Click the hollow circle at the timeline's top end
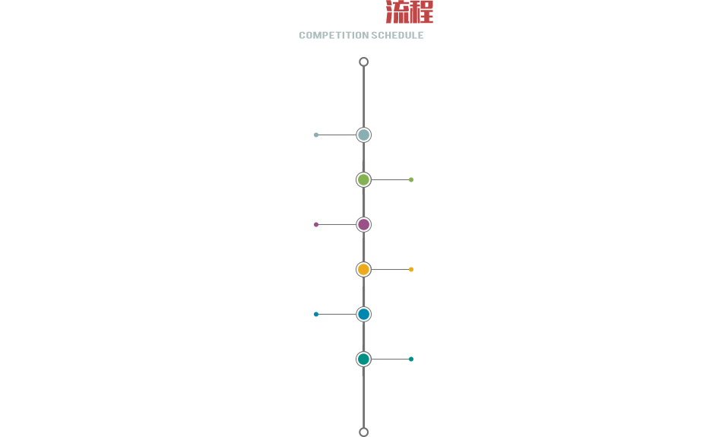click(x=364, y=58)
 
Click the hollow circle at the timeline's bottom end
click(x=364, y=428)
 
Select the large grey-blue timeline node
click(x=364, y=135)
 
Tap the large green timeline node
click(x=364, y=179)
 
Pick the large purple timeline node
click(x=364, y=225)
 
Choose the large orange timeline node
click(x=364, y=269)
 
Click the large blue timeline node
click(x=364, y=314)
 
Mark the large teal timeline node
click(x=364, y=359)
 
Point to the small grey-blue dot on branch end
click(x=316, y=135)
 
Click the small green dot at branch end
click(x=411, y=179)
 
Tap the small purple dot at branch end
click(x=316, y=225)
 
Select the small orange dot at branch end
click(x=411, y=269)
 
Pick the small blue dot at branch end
click(x=316, y=314)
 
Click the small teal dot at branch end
click(x=411, y=359)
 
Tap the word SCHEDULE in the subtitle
click(x=397, y=36)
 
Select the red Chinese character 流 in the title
click(x=397, y=12)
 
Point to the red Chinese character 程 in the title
click(x=422, y=12)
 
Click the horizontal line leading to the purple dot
click(x=337, y=225)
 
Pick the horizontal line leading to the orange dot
click(x=390, y=269)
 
